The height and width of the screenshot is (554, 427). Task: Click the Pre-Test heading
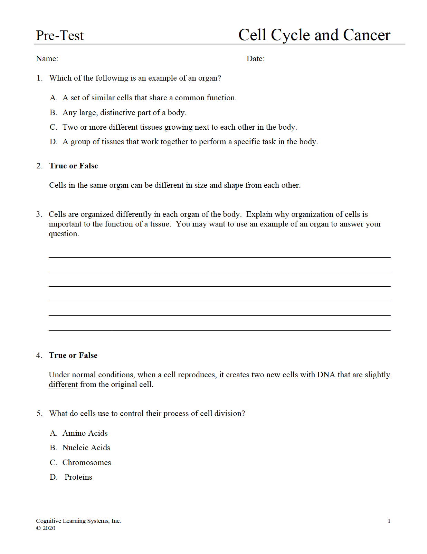tap(60, 36)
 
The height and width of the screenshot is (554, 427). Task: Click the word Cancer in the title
tap(367, 35)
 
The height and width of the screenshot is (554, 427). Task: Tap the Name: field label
tap(47, 59)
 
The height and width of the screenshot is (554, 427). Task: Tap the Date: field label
tap(255, 59)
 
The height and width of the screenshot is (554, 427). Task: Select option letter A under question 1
tap(53, 98)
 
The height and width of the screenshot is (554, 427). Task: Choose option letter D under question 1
tap(53, 142)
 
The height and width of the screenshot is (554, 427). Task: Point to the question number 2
tap(39, 166)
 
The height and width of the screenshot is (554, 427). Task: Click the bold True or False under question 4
tap(73, 356)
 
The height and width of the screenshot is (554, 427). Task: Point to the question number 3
tap(39, 214)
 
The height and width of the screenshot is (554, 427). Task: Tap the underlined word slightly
tap(377, 375)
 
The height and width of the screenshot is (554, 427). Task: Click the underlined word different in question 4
tap(63, 385)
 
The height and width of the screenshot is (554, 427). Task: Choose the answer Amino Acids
tap(85, 433)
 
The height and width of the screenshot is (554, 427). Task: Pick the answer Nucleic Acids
tap(86, 448)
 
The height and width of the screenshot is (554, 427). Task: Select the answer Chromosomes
tap(87, 463)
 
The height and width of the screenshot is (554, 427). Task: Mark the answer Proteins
tap(78, 477)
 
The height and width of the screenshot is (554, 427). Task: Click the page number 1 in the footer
tap(389, 521)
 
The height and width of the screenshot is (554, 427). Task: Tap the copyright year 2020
tap(49, 528)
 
